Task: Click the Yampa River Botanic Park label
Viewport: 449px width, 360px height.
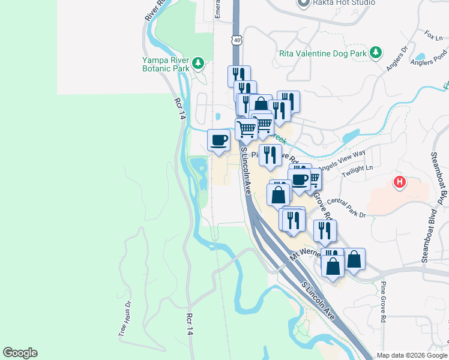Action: [x=166, y=64]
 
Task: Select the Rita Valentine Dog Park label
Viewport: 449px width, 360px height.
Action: [x=323, y=53]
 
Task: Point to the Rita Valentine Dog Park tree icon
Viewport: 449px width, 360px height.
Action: [x=376, y=53]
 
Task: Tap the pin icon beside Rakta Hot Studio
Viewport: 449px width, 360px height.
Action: [x=303, y=3]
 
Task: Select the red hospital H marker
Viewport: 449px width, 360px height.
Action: [x=399, y=181]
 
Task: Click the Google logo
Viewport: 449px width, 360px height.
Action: [x=20, y=353]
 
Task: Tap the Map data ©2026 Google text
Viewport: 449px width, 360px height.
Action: [x=411, y=355]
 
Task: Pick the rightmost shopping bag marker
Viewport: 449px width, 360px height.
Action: [x=354, y=260]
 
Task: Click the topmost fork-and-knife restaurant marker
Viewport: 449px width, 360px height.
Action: [x=239, y=76]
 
